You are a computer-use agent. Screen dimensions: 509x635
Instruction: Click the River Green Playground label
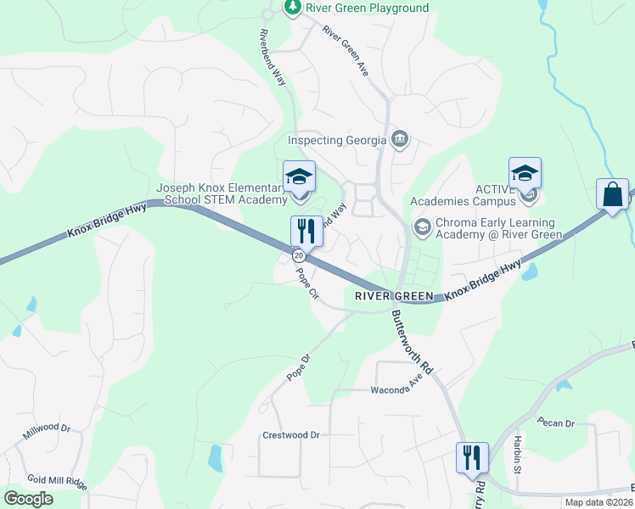pos(367,8)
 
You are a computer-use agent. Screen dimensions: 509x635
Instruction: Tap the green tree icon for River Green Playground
pos(293,8)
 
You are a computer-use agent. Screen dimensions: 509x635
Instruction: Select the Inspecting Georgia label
pos(338,140)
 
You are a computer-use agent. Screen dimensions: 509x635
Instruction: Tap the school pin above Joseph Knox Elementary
pos(299,176)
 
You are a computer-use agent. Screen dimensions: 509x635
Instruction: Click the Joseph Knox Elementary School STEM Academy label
pos(222,193)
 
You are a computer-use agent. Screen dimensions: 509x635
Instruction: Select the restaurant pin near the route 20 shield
pos(306,230)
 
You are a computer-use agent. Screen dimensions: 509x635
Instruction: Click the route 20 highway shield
pos(298,255)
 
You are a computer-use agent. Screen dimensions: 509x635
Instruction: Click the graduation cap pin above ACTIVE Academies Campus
pos(525,173)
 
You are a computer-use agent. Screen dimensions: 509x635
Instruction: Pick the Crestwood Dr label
pos(291,435)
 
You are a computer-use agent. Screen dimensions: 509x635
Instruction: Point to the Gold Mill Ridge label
pos(58,481)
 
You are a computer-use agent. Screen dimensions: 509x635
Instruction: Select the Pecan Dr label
pos(557,422)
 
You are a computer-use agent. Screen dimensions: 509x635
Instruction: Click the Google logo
pos(28,499)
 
